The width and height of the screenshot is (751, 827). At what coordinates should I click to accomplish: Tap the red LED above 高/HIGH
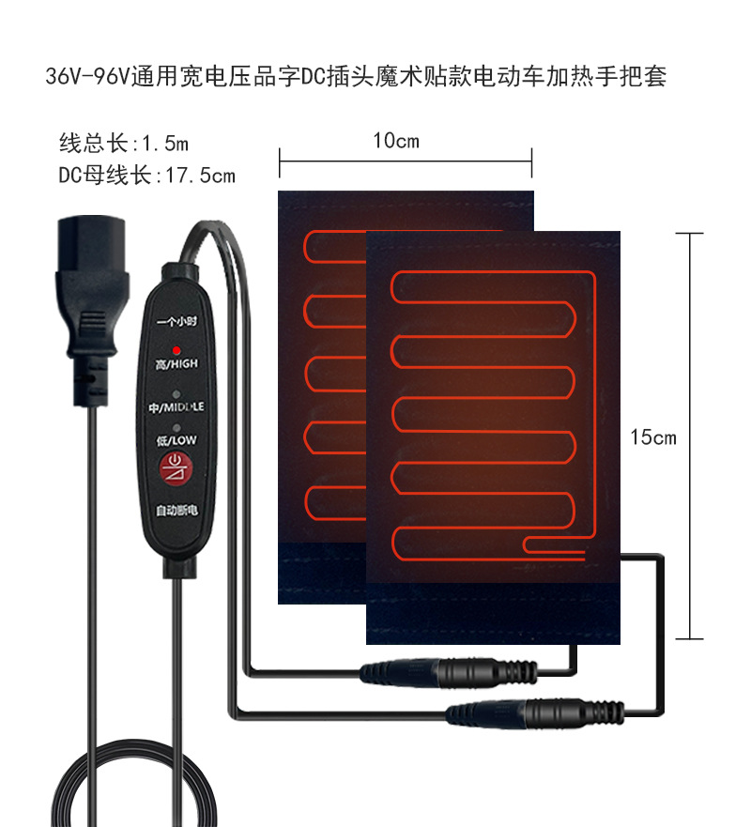[x=175, y=350]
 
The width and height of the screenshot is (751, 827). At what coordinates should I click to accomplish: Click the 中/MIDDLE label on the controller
[x=176, y=408]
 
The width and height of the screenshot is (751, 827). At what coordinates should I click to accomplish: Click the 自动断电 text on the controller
[x=176, y=511]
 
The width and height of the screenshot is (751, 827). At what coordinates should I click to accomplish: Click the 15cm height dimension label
[x=653, y=437]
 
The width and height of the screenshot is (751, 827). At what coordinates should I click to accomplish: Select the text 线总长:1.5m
[x=124, y=145]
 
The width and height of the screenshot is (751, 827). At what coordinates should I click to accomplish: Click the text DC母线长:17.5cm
[x=146, y=176]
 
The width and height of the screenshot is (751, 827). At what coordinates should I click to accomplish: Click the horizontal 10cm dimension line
[x=405, y=161]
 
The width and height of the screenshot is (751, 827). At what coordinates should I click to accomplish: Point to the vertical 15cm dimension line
[x=690, y=436]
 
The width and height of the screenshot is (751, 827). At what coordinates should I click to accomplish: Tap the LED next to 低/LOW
[x=175, y=428]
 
